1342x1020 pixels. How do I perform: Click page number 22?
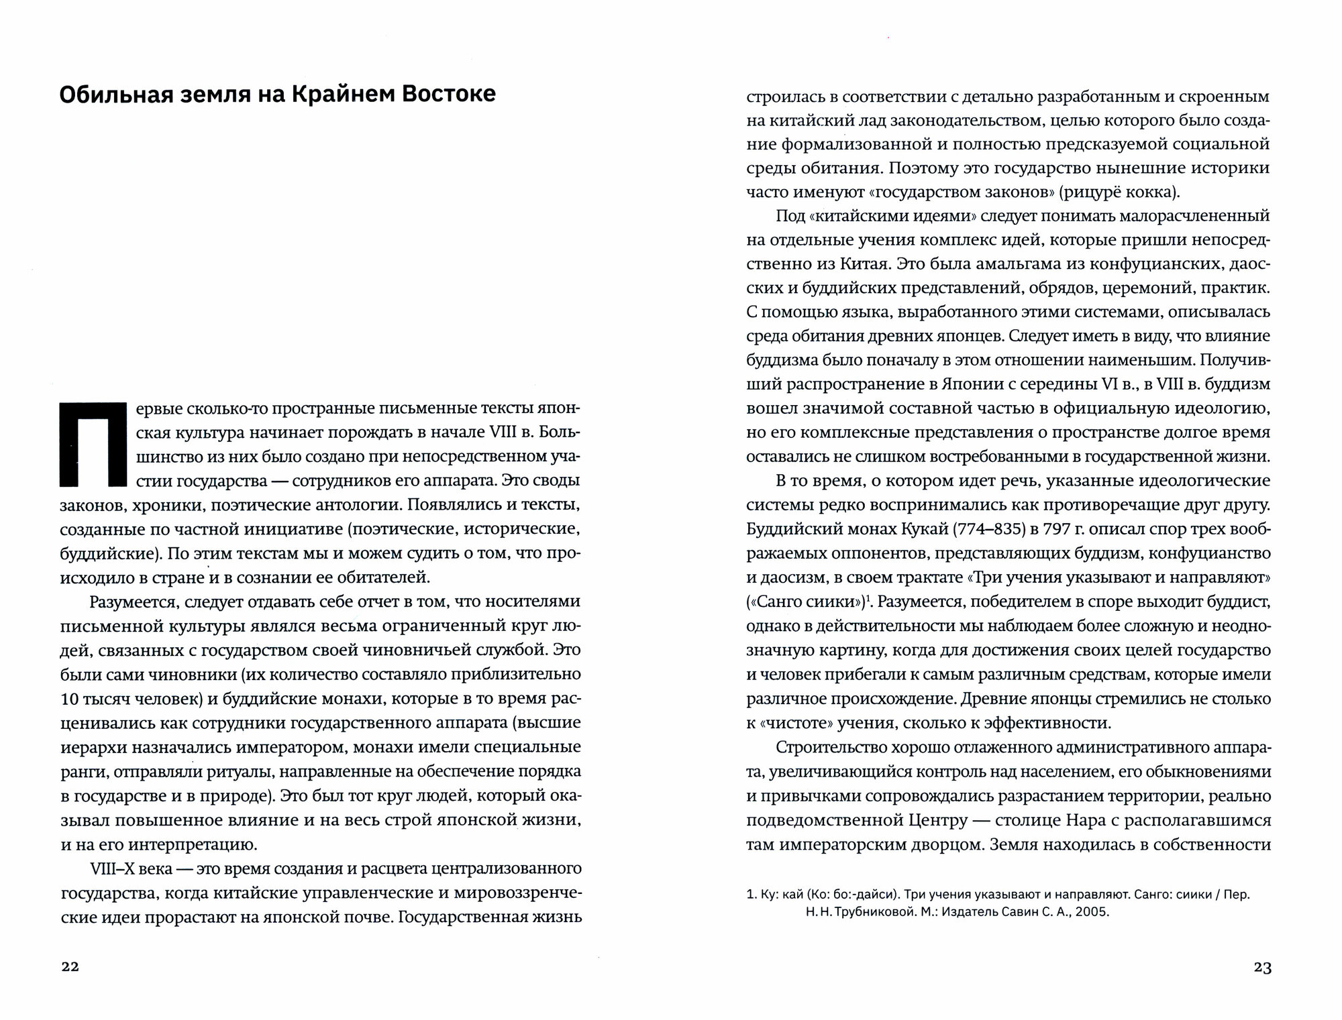click(x=70, y=967)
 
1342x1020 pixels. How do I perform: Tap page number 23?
click(x=1262, y=967)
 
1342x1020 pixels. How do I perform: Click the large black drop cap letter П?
click(x=93, y=445)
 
